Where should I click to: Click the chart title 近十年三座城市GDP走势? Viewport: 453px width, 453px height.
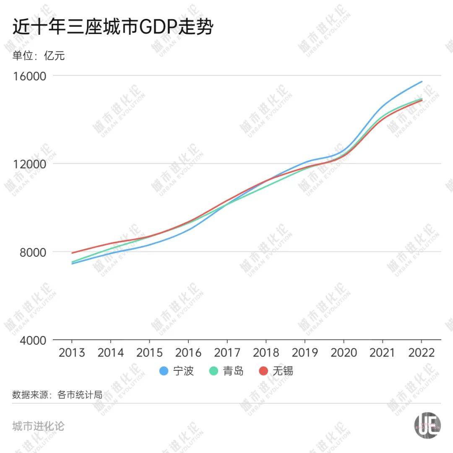(113, 28)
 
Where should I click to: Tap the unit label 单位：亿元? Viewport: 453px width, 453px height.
(39, 55)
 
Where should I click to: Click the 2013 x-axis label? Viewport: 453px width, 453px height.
(72, 352)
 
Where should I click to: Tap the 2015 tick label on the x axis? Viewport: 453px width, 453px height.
(149, 352)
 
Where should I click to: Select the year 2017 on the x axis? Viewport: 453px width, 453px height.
(227, 352)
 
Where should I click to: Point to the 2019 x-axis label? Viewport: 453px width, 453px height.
(305, 352)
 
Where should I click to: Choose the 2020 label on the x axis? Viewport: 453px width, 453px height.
(344, 352)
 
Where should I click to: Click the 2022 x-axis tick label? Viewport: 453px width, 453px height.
(421, 352)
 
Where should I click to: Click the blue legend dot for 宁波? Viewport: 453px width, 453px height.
(164, 371)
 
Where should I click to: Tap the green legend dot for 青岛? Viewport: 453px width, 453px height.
(213, 371)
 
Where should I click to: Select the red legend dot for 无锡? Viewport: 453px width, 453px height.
(263, 371)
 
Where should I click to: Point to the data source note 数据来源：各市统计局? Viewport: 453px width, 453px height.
(57, 395)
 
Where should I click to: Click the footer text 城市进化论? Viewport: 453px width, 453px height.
(38, 427)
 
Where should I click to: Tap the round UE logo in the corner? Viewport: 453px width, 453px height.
(427, 426)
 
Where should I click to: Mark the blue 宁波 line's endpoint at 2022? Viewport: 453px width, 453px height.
(422, 81)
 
